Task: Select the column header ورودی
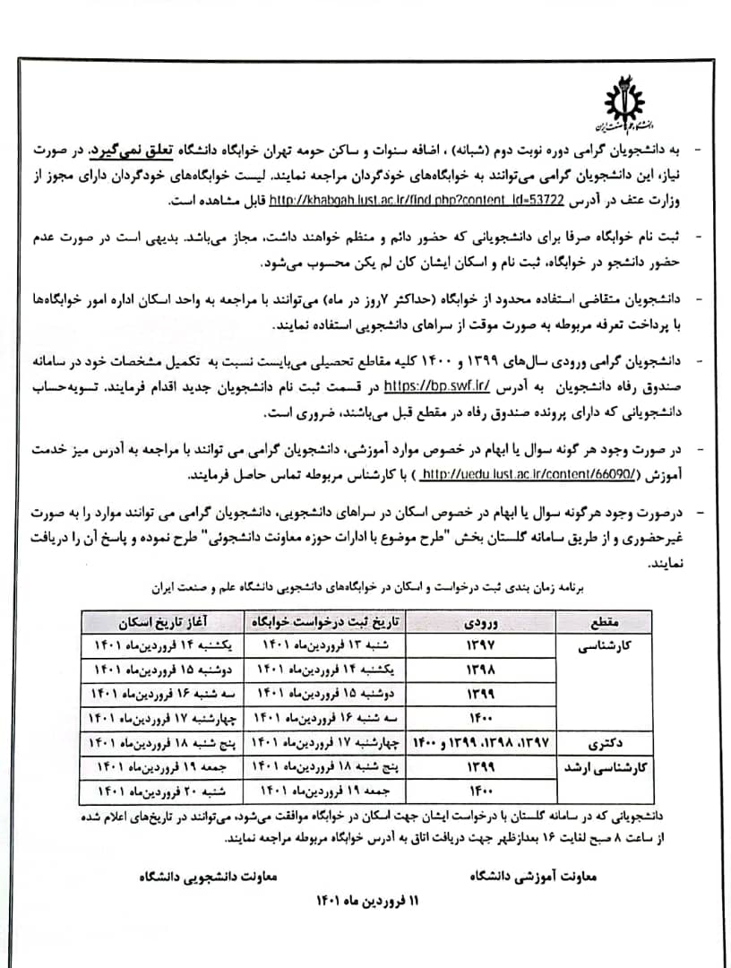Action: (486, 622)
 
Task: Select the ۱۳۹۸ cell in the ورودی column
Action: (486, 670)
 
